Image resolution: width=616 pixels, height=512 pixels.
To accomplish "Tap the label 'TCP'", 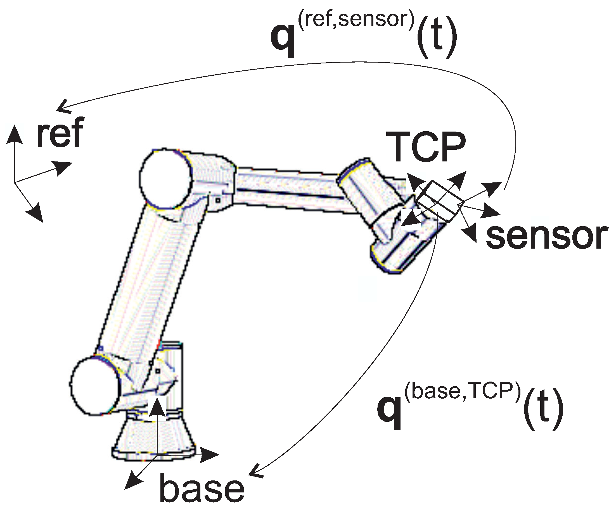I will pos(426,147).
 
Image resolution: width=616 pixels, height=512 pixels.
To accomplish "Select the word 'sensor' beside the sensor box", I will pos(546,237).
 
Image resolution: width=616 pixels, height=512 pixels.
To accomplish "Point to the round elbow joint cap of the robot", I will pos(165,179).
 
